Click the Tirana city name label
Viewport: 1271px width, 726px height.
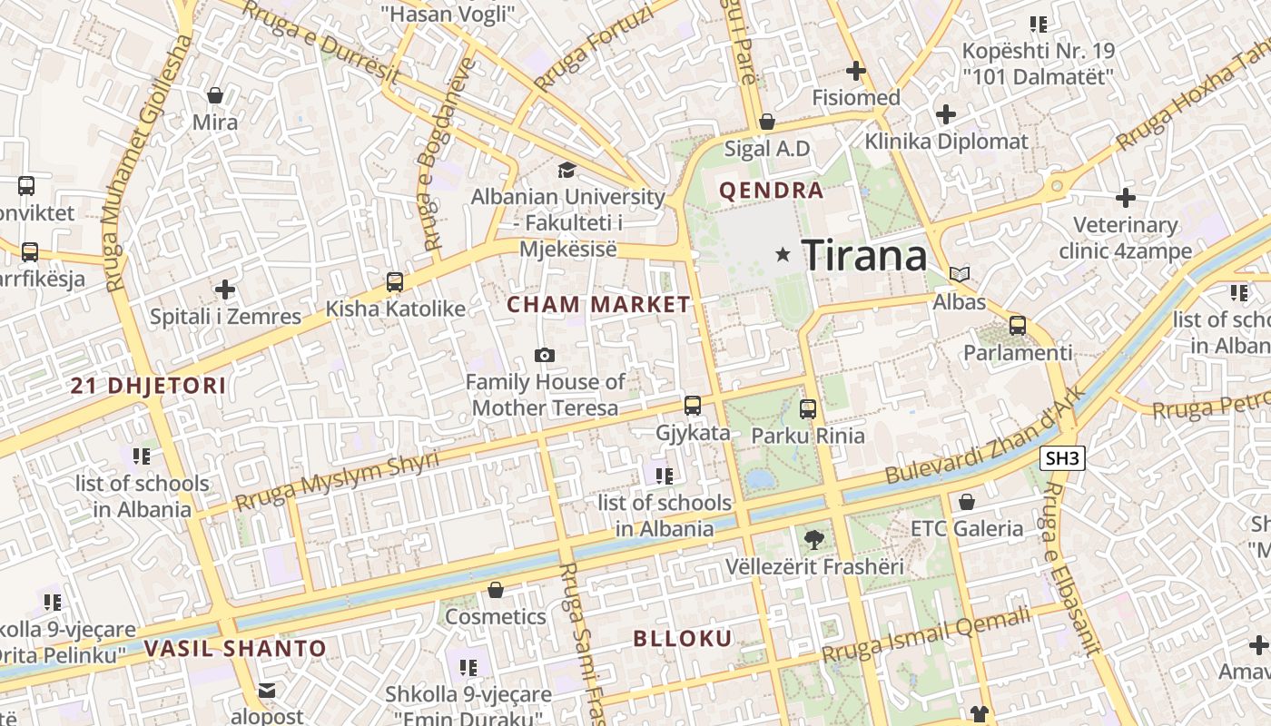click(864, 256)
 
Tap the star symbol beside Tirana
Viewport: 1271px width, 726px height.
click(783, 255)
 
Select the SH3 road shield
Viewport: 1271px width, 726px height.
click(1062, 458)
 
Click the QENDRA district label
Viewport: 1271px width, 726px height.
click(771, 191)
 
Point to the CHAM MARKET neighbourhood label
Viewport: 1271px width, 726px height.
click(598, 305)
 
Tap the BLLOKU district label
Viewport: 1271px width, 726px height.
click(682, 638)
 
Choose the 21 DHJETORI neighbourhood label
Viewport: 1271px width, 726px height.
click(148, 386)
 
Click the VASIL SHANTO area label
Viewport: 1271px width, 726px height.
click(234, 648)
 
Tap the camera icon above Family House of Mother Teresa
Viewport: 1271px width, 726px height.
click(545, 355)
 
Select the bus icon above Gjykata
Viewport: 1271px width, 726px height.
click(693, 406)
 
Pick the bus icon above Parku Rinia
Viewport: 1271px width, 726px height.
click(808, 409)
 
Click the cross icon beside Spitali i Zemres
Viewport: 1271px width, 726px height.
click(225, 289)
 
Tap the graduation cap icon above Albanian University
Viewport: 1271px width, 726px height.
click(567, 170)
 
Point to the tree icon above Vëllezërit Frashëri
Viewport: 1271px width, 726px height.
click(814, 540)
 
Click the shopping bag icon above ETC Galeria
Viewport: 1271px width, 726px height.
click(967, 502)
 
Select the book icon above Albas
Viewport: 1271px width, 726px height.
click(960, 273)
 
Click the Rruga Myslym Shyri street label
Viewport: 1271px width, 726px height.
click(337, 481)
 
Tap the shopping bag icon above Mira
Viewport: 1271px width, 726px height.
click(215, 95)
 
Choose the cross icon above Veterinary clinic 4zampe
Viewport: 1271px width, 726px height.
click(1126, 197)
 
